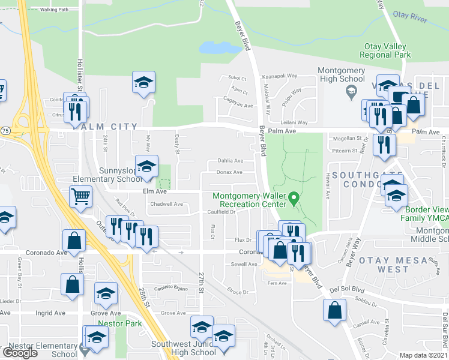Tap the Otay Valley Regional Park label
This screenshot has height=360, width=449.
click(x=385, y=50)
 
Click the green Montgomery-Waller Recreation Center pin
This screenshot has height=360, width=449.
click(x=294, y=197)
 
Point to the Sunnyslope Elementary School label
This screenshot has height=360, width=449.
click(x=107, y=175)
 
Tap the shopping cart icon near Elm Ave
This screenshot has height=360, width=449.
click(x=80, y=196)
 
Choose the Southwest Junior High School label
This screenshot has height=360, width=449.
click(x=183, y=349)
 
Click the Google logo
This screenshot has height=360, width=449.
click(x=20, y=353)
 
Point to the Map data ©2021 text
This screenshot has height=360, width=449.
click(x=423, y=355)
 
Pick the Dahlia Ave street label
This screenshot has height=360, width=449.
click(x=230, y=161)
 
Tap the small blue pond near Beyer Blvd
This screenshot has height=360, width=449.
click(x=214, y=47)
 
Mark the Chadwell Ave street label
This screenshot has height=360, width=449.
click(x=166, y=204)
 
